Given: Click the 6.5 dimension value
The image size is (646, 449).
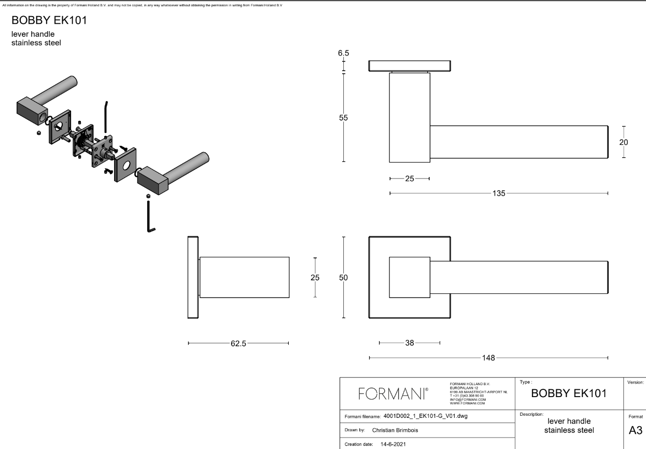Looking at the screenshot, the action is [343, 53].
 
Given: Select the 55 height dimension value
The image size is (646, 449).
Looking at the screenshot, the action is [343, 118].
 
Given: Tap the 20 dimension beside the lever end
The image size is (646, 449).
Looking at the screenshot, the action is [624, 142].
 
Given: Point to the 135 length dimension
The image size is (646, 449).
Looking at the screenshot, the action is [499, 193].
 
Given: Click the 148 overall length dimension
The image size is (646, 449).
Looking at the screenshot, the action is [488, 358].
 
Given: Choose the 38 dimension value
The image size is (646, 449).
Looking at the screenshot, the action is [410, 343].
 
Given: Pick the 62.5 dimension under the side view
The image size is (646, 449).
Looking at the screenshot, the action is [238, 343].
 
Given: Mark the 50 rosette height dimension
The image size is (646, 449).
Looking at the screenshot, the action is [343, 278].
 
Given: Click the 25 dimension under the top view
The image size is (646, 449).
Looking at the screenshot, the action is [410, 179].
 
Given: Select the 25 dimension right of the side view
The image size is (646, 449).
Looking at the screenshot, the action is [315, 278].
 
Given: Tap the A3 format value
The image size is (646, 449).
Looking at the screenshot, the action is [636, 430].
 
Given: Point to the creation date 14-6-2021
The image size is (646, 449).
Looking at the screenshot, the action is [393, 444].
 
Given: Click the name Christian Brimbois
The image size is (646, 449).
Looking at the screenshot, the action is [395, 430].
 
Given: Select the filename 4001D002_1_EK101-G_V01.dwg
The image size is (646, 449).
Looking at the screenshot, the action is [425, 416].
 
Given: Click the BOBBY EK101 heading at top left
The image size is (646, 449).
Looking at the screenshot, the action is [49, 20].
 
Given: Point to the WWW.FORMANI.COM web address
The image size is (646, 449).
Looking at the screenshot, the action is [468, 403].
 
